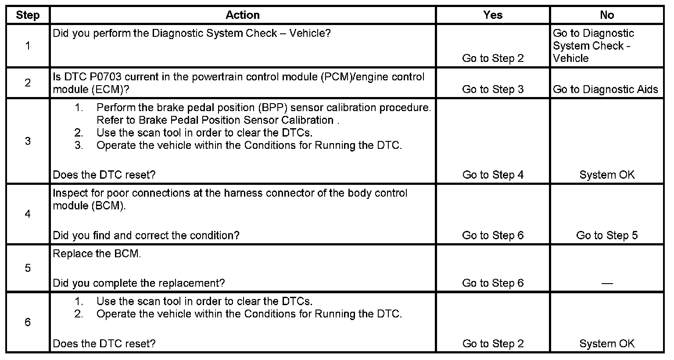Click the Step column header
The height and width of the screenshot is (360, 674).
point(28,15)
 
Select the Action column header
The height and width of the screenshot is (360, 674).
point(242,15)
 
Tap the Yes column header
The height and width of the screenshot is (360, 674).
point(492,15)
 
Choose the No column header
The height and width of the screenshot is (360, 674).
point(606,15)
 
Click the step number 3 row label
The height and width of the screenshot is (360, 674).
point(28,141)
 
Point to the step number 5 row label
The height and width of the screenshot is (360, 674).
point(28,268)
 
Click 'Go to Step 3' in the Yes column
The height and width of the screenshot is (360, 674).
point(493,89)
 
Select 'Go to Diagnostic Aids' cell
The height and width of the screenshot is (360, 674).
point(606,89)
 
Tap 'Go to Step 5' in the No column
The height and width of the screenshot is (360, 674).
point(607,235)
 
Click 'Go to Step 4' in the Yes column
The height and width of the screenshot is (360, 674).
point(493,175)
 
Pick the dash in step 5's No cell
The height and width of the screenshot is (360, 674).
point(607,283)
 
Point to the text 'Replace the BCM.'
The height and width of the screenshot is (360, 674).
point(97,254)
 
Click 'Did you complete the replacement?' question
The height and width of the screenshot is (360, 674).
point(139,283)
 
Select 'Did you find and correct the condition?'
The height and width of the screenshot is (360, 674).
point(146,235)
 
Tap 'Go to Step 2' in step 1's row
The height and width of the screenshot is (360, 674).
point(493,58)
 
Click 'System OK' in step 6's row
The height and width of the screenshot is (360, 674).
point(607,344)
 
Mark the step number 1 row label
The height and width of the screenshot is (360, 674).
point(28,46)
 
